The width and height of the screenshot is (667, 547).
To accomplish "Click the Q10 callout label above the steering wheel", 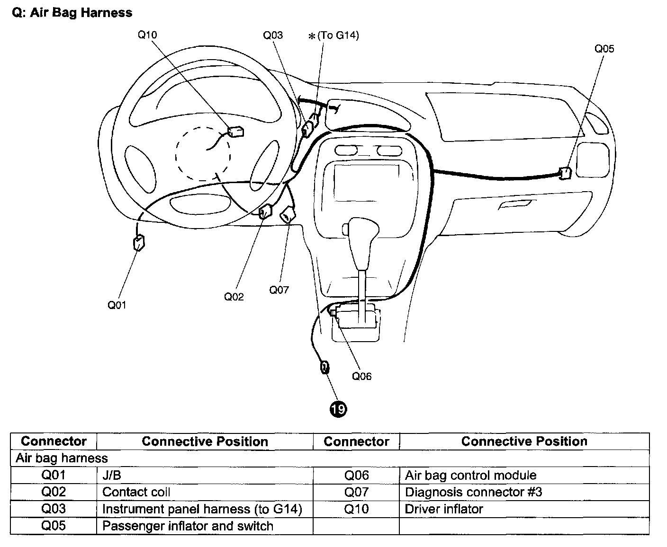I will coord(147,35).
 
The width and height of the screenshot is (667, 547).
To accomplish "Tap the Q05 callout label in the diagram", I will coord(604,49).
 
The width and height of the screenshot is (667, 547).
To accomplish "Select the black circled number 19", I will coord(339,408).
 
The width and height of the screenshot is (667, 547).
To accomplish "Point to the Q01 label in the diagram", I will coord(117,305).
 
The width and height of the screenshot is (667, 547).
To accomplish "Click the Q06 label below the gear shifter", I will coord(361,377).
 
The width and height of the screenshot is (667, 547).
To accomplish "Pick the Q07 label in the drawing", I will coord(279,290).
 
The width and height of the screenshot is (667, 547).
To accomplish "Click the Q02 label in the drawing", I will coord(234,297).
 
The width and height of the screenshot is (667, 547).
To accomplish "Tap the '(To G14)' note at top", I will coord(338,35).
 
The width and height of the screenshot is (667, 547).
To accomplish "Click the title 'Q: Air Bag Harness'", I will coord(72,13).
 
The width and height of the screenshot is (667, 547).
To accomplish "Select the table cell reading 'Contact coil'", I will coord(136,492).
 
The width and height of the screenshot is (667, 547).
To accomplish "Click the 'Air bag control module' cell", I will coord(470,475).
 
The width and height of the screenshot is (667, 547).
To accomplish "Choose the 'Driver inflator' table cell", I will coord(444,509).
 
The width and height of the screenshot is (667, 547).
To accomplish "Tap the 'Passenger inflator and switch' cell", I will coord(188,526).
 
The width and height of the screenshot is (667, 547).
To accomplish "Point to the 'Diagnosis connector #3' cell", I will coord(473,492).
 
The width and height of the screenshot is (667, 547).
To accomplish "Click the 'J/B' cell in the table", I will coord(112,475).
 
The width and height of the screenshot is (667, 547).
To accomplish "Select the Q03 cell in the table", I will coord(54,509).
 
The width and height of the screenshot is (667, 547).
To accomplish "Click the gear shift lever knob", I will coord(363,232).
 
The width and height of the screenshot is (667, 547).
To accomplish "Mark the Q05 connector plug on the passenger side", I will coord(564,173).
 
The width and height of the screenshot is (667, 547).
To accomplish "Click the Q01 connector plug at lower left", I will coord(139,243).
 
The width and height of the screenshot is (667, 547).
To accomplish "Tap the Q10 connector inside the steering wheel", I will coord(236,131).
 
